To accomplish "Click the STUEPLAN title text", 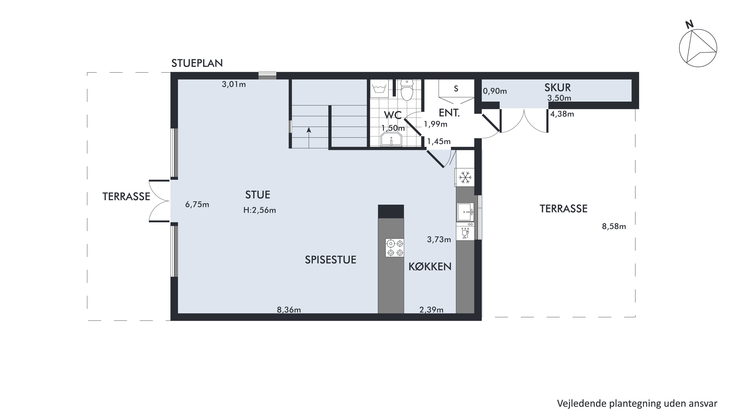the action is (197, 63).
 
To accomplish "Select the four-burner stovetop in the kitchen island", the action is (395, 248).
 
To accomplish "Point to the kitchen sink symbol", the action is (465, 212).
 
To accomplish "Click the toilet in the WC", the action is (407, 90).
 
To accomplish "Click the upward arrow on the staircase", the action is (309, 138).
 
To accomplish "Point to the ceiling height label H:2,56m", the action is (260, 210).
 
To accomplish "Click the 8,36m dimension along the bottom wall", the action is (289, 310).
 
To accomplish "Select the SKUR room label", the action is (558, 88).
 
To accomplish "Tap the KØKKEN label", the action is (430, 267).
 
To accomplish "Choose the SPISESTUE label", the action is (331, 260).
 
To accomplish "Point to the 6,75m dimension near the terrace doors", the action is (197, 205).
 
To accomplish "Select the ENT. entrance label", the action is (449, 113).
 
